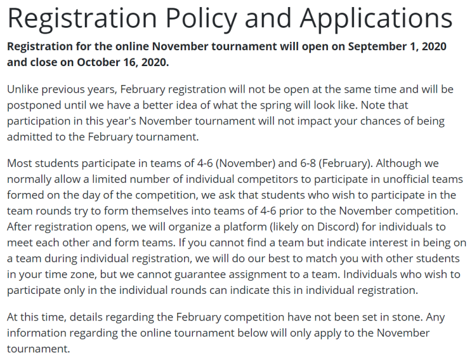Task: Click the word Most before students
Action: point(19,163)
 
